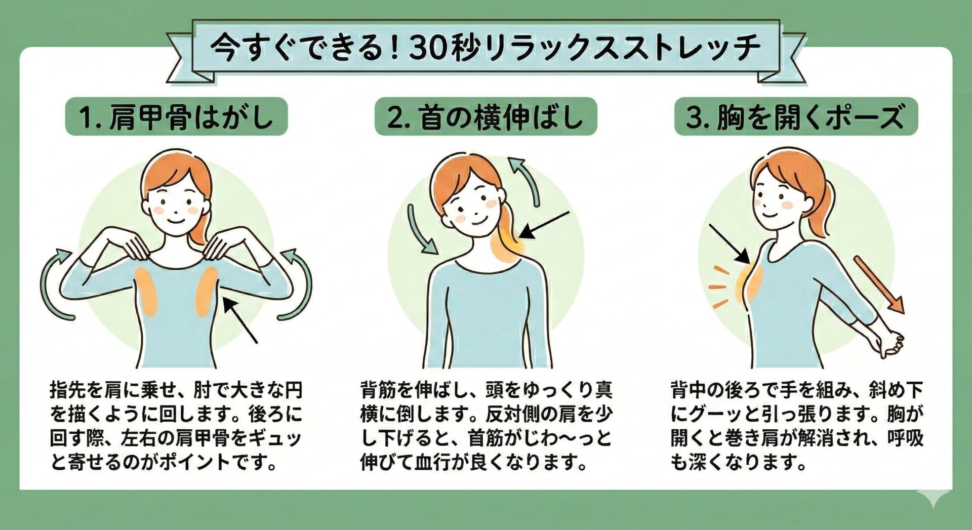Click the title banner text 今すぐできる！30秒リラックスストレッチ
click(x=485, y=48)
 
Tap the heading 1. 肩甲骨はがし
click(x=176, y=116)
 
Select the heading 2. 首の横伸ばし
click(x=485, y=116)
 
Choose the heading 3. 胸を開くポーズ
click(x=795, y=116)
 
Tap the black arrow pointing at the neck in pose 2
click(x=545, y=225)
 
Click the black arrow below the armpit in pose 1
click(x=240, y=320)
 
